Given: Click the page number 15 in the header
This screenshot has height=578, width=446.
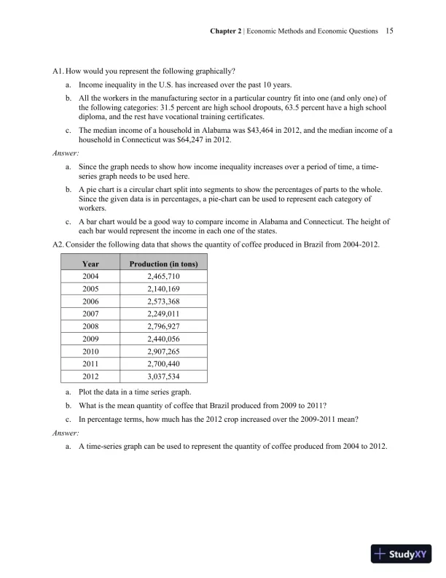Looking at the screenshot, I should point(389,32).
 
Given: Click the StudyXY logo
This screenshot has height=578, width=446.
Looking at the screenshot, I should point(399,554).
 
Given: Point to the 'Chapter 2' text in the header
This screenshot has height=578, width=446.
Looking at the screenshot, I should point(225,32).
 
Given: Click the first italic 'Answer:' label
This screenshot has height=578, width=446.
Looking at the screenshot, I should point(66,154).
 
